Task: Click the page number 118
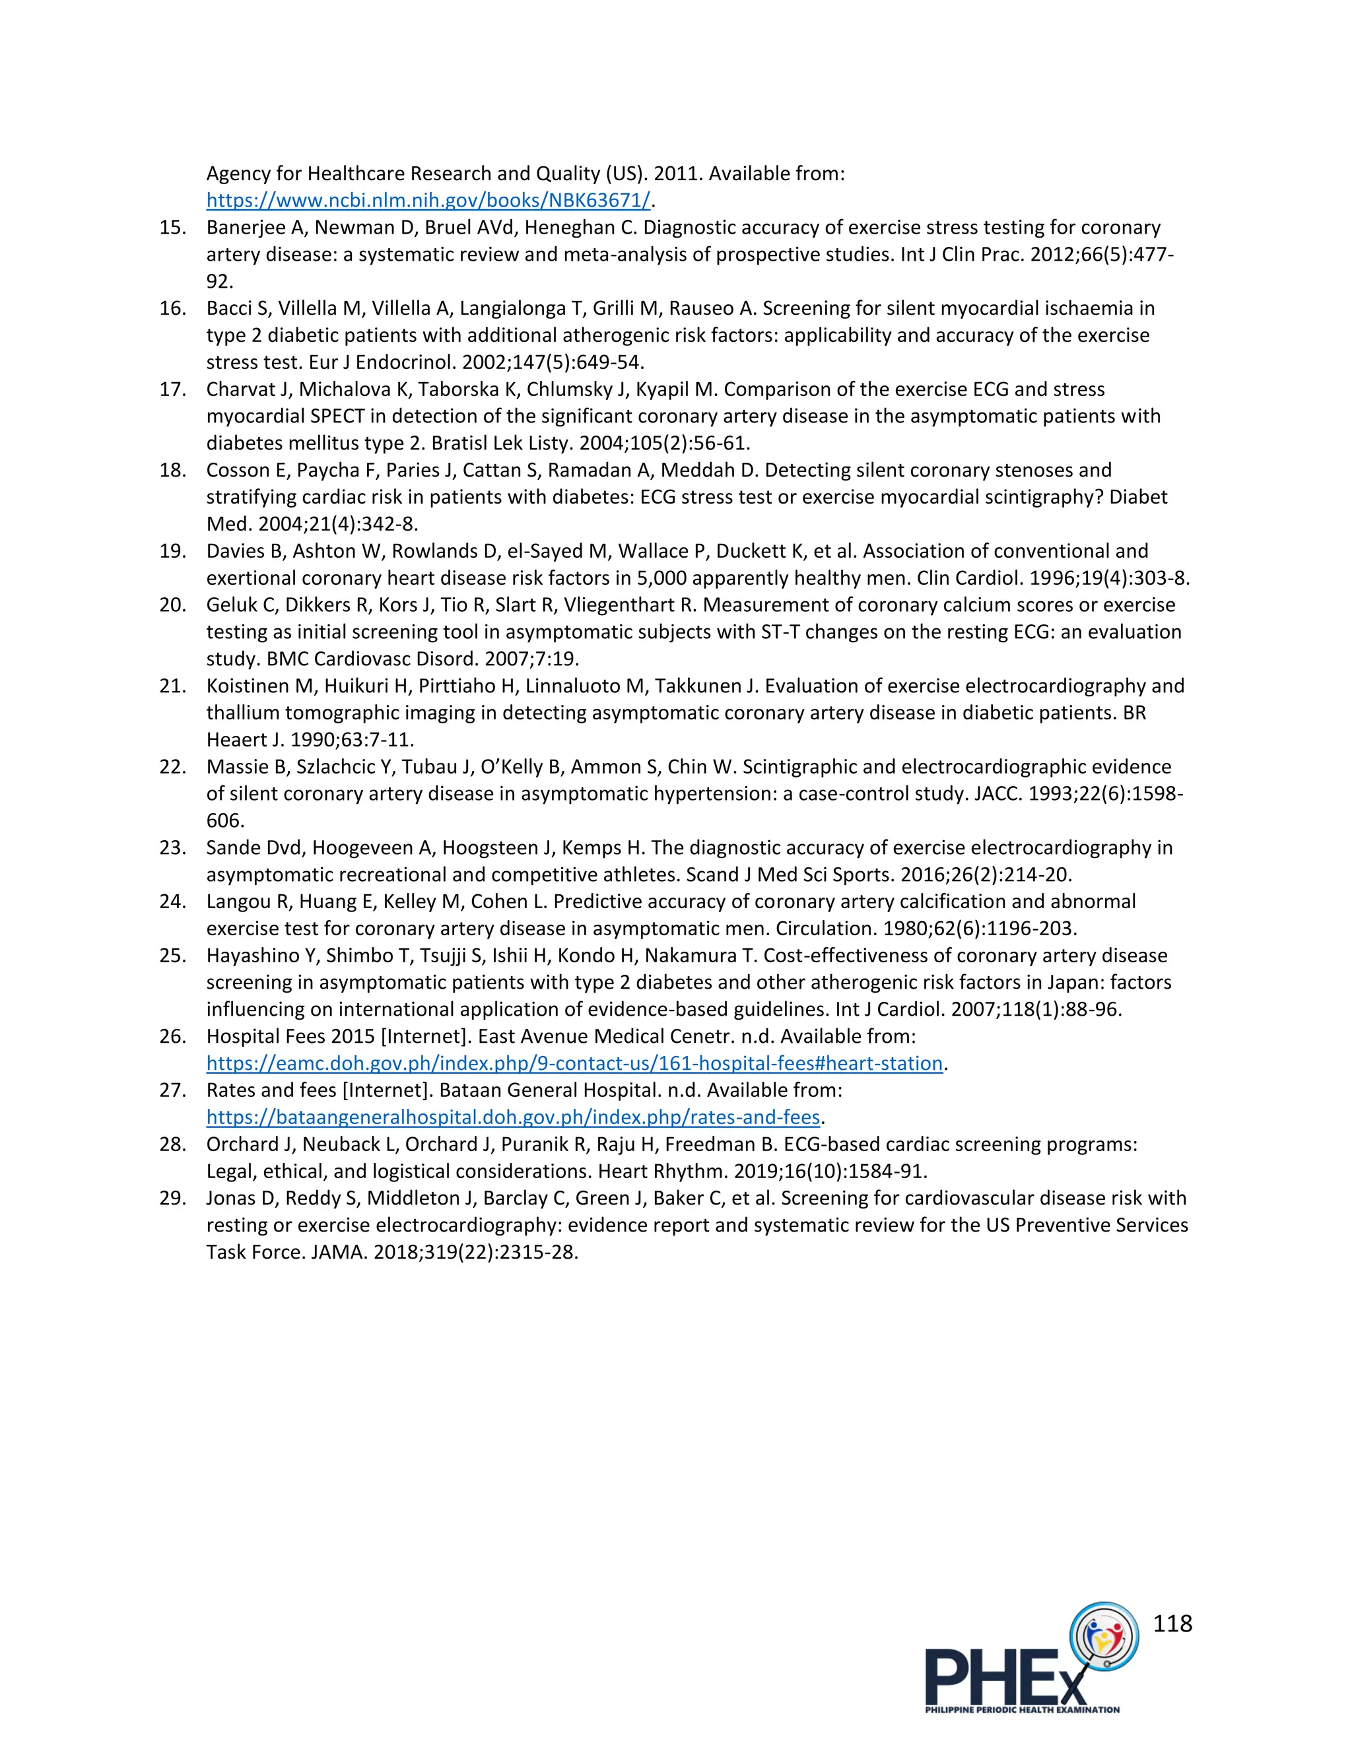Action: [1172, 1624]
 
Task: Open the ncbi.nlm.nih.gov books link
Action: [428, 200]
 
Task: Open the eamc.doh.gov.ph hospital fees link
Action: [574, 1063]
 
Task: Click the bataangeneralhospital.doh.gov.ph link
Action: [512, 1117]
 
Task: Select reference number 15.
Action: [172, 228]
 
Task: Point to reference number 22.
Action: [172, 767]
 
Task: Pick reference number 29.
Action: [172, 1198]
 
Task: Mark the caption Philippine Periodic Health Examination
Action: [1022, 1709]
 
